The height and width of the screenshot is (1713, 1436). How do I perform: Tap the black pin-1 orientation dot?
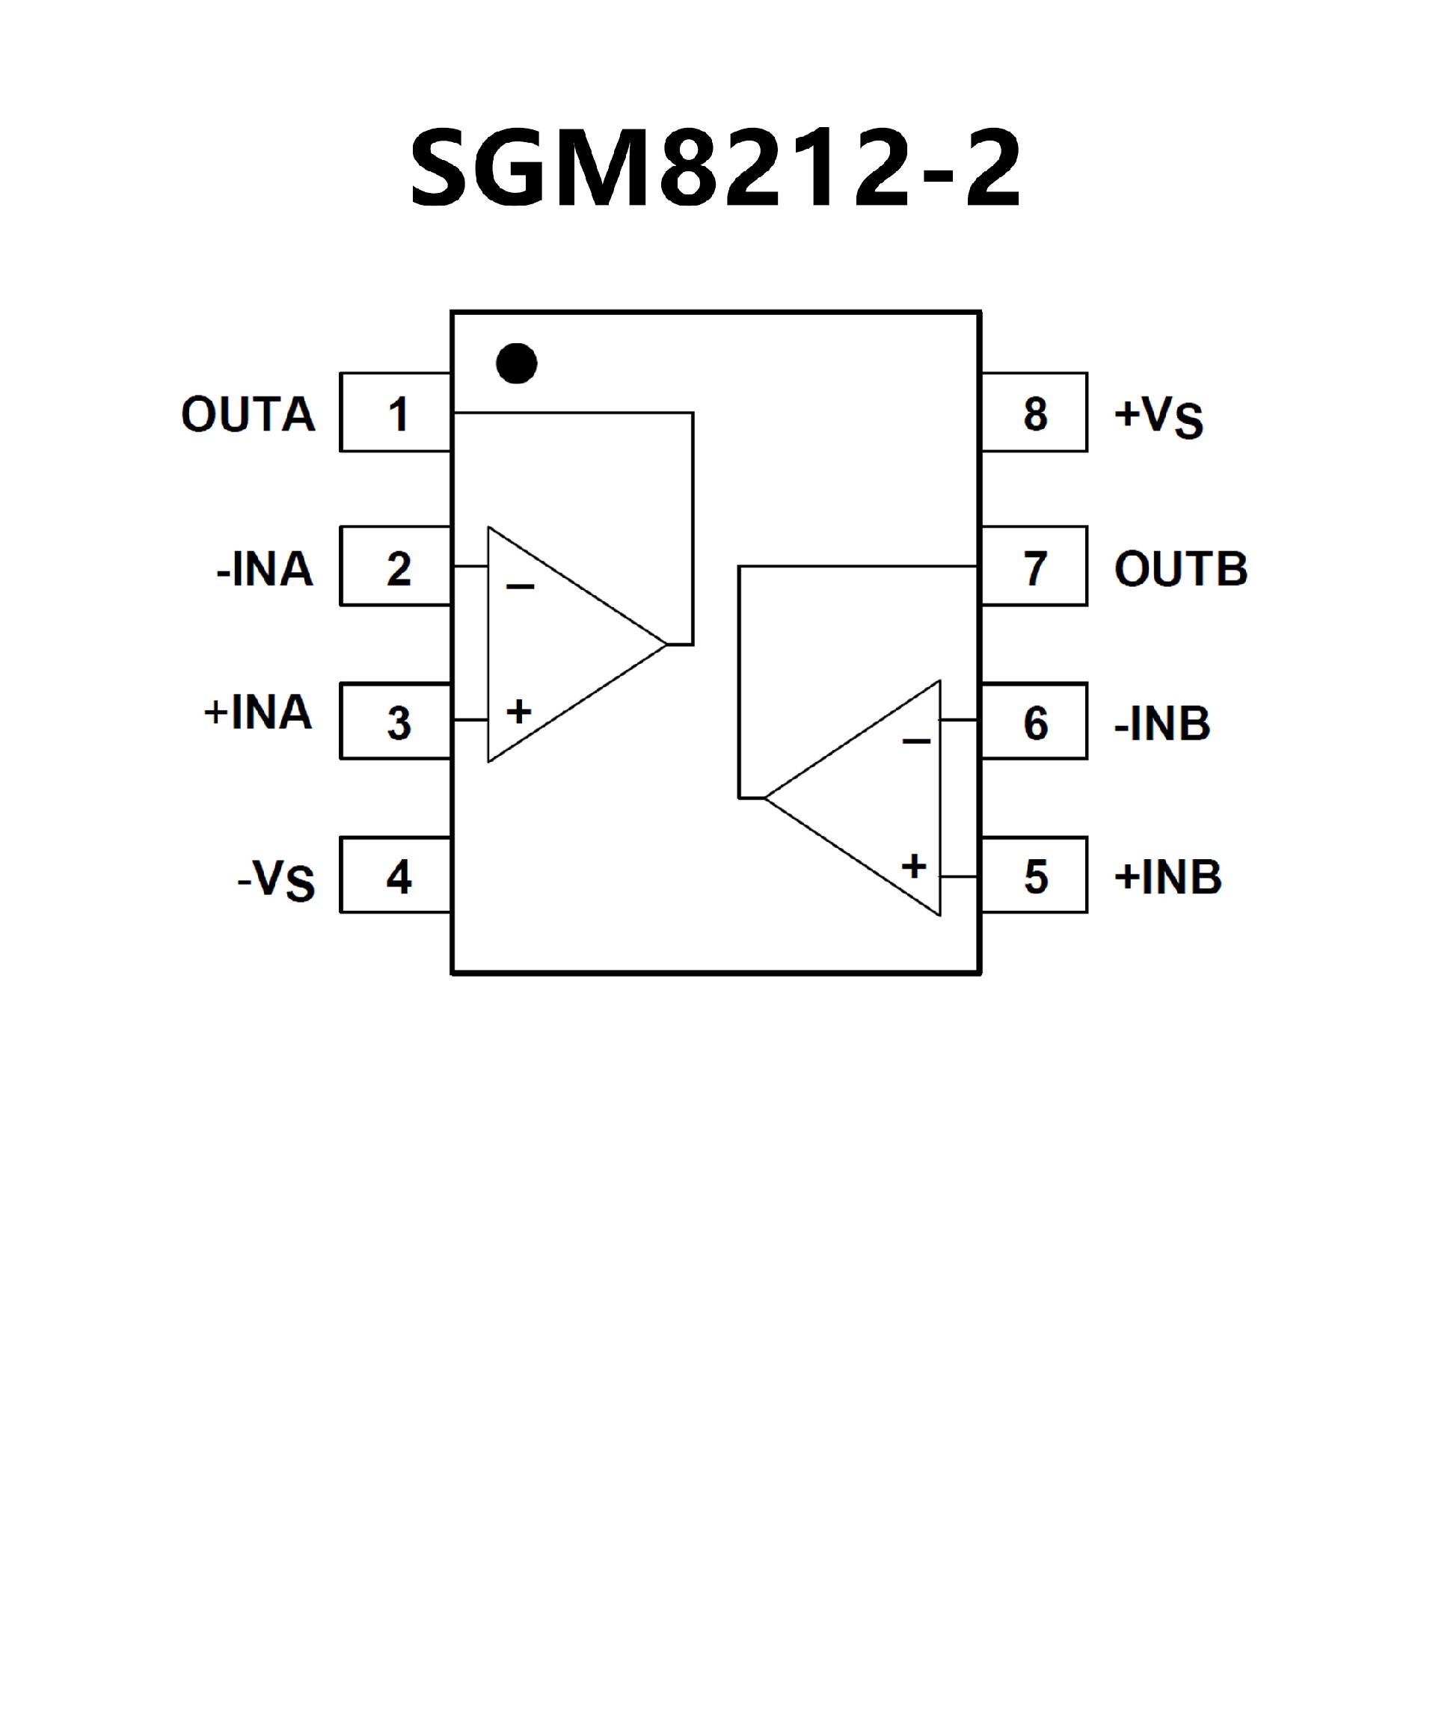click(x=517, y=363)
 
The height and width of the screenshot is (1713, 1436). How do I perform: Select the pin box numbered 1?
click(x=396, y=413)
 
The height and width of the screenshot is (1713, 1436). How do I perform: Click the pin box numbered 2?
click(x=396, y=567)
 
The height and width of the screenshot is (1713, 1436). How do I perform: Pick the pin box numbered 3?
click(x=396, y=721)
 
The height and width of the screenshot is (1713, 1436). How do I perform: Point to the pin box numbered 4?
click(x=396, y=876)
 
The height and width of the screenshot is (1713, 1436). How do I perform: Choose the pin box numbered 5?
click(x=1034, y=876)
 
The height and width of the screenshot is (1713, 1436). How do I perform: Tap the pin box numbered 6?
click(x=1034, y=721)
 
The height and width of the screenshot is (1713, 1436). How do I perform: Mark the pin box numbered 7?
click(x=1034, y=567)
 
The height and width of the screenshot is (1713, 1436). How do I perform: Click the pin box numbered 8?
click(x=1034, y=413)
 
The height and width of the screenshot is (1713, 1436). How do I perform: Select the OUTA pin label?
click(x=248, y=414)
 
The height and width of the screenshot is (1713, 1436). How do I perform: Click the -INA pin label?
click(x=264, y=568)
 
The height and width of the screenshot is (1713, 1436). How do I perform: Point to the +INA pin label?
click(x=258, y=712)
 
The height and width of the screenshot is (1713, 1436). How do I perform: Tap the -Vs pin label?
click(x=276, y=880)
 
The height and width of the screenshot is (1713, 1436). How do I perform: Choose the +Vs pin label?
click(x=1159, y=416)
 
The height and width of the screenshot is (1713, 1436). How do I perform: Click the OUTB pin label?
click(x=1181, y=568)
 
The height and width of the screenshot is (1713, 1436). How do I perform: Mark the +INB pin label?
click(x=1168, y=877)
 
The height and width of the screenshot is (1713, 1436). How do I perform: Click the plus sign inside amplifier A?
click(x=519, y=712)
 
